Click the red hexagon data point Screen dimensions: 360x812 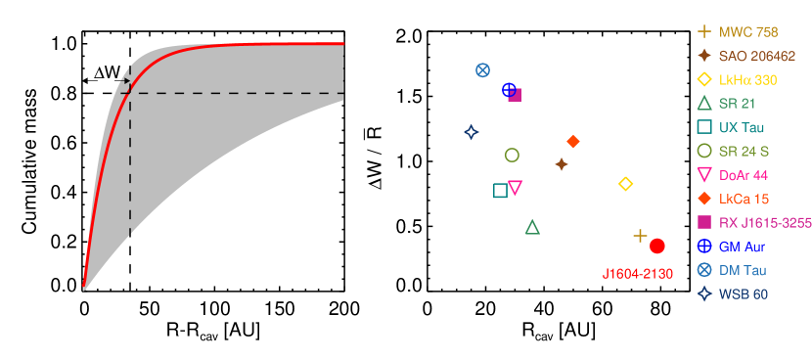(x=657, y=246)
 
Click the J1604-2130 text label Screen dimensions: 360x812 (x=637, y=274)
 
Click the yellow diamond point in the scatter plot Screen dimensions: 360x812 (x=626, y=184)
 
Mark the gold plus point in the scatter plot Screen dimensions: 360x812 (x=640, y=236)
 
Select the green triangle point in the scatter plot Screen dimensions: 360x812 (x=532, y=227)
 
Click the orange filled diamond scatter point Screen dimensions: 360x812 (x=573, y=142)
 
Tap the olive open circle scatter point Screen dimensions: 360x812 (x=512, y=155)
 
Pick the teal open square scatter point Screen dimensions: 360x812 (x=500, y=190)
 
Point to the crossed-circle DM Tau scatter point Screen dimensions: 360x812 (x=482, y=69)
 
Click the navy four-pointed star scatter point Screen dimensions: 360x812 (x=471, y=131)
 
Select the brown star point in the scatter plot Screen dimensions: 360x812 (x=562, y=164)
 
